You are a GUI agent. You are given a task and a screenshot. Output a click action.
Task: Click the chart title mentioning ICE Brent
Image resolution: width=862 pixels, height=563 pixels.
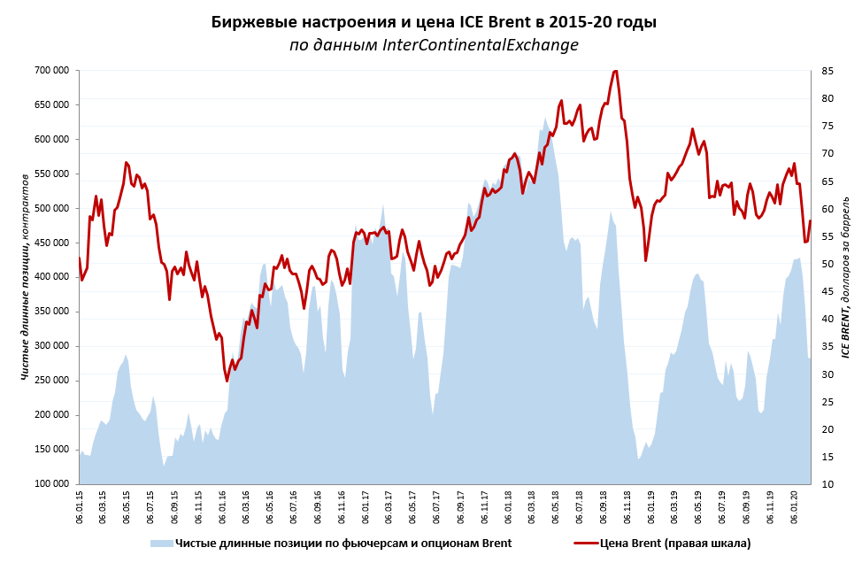pos(434,21)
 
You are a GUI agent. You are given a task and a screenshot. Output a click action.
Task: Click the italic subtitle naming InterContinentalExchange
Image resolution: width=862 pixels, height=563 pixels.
pos(434,45)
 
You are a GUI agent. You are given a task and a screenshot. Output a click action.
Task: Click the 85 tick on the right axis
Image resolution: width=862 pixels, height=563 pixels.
pos(828,71)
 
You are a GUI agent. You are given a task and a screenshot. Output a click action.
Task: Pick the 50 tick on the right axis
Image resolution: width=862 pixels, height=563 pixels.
pos(828,264)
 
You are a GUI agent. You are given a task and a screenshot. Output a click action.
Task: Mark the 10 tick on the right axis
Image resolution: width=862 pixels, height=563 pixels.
pos(828,484)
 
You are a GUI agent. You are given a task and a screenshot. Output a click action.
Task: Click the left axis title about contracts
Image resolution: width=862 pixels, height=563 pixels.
pos(25,277)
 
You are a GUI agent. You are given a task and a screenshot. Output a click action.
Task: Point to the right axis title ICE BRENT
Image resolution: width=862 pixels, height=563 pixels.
pos(845,276)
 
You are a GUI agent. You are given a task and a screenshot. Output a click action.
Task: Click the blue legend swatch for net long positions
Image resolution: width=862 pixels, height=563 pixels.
pos(161,543)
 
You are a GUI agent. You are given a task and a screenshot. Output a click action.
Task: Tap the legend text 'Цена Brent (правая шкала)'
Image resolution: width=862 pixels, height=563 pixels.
pos(675,543)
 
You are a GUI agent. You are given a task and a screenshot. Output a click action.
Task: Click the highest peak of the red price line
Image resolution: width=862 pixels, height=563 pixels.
pos(616,71)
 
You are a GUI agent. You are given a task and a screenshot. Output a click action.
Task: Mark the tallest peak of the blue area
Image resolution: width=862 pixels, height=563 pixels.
pos(545,118)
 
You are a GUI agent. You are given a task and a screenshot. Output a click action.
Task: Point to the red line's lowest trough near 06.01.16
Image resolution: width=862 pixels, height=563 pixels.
pos(227,381)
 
